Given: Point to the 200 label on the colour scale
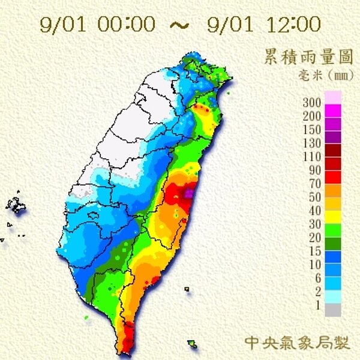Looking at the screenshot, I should click(x=313, y=116).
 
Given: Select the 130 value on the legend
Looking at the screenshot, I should click(x=313, y=142).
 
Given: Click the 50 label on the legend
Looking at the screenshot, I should click(x=316, y=196).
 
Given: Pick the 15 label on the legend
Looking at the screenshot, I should click(x=316, y=250).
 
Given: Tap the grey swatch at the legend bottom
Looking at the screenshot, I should click(x=333, y=310).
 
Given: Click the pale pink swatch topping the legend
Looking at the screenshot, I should click(x=333, y=97).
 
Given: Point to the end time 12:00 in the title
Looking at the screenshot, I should click(x=294, y=25).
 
